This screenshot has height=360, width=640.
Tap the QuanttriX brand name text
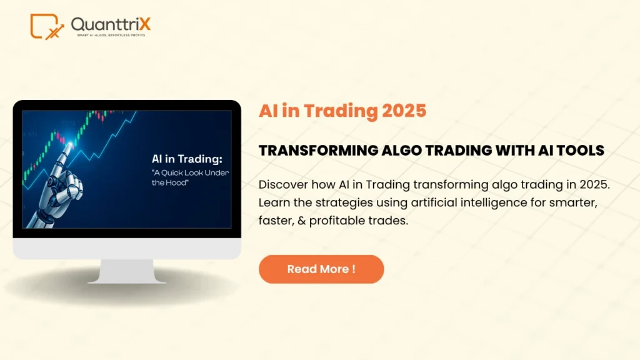[x=111, y=24]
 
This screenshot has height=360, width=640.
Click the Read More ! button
[x=321, y=269]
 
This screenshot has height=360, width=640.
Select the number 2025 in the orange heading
[x=402, y=111]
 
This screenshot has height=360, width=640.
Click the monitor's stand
[x=127, y=271]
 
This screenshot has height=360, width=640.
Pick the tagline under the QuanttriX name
[x=111, y=36]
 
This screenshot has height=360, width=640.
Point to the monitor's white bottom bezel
[x=127, y=248]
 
